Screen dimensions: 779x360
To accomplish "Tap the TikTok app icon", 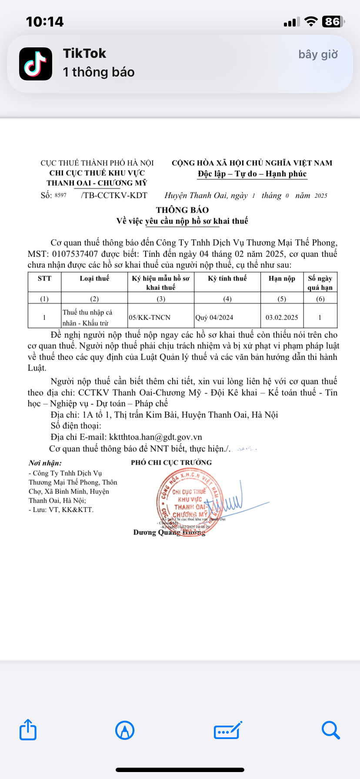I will [36, 64].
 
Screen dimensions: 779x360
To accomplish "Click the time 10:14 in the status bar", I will [45, 22].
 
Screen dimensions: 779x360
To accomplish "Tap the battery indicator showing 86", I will [333, 21].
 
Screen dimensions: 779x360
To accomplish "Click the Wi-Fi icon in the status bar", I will [311, 21].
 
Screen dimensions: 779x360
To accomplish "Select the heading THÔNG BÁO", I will [182, 210].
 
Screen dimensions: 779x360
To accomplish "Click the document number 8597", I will [60, 195].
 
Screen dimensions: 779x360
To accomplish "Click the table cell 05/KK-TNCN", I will [150, 317].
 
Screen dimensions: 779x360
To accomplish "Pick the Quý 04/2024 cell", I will [214, 317].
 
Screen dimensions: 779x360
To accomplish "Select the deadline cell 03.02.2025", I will [282, 317].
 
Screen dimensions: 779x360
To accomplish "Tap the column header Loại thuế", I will [94, 278].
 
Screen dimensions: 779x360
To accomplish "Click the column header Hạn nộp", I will [282, 278].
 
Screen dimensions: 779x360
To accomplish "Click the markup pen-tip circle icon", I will [125, 730].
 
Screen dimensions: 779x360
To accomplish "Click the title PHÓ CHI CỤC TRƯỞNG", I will [171, 463].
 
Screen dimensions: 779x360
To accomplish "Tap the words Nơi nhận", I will [45, 463].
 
